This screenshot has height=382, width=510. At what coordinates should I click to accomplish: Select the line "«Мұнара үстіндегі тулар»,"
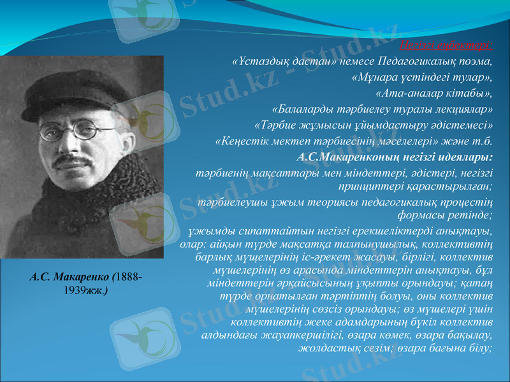(422, 78)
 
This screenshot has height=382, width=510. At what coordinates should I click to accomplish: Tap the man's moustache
(70, 161)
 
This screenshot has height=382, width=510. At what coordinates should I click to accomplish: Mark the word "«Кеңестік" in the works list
(240, 140)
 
